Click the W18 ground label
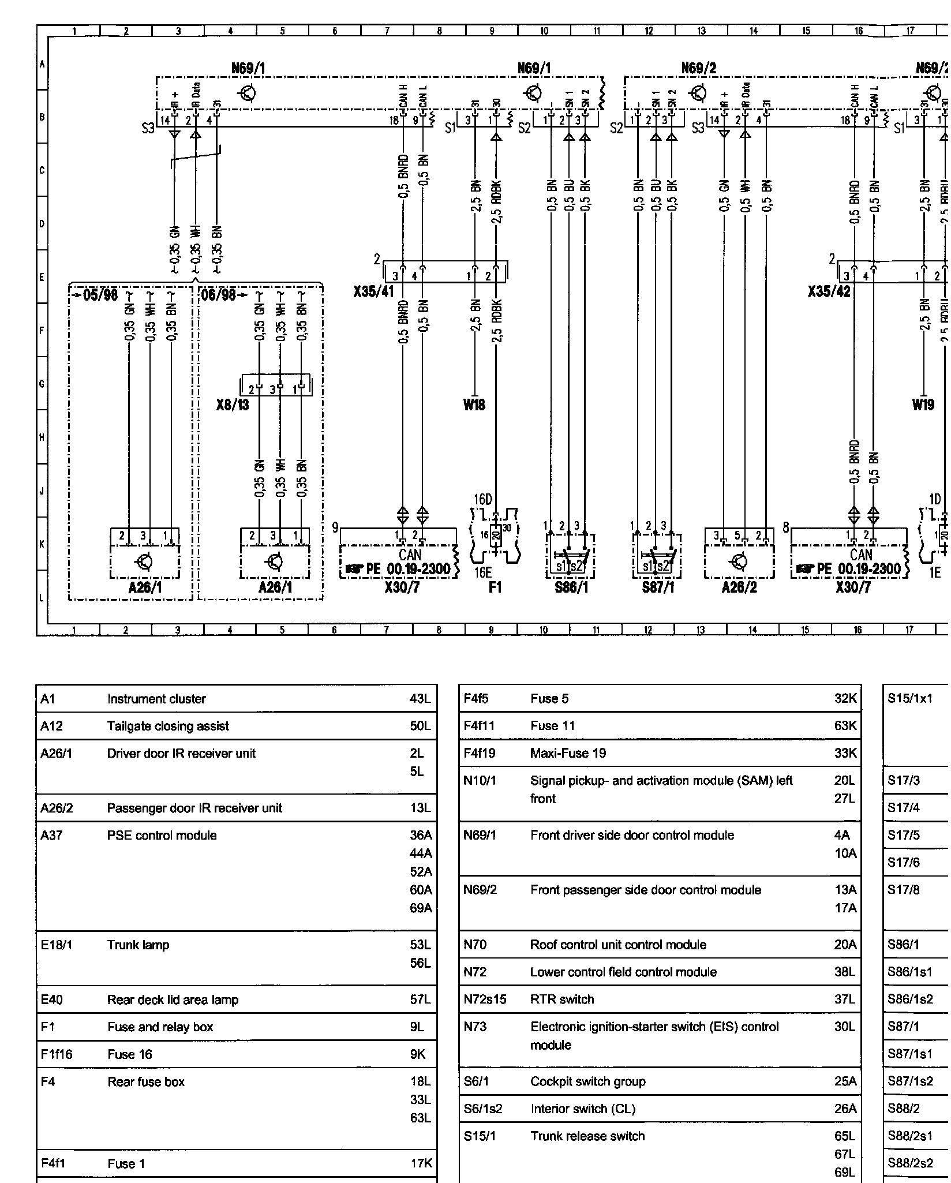pos(474,405)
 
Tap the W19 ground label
pos(923,405)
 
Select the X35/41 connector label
pos(373,291)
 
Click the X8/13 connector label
pos(233,405)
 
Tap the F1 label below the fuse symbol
pos(495,587)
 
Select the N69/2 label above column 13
pos(699,68)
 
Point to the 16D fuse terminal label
pos(483,499)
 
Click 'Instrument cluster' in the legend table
pos(156,699)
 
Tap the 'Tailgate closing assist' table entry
pos(168,726)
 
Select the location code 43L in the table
pos(420,699)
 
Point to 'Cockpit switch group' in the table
pos(587,1081)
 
